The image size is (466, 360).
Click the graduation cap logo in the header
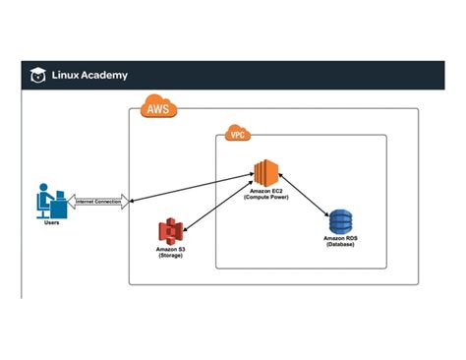pyautogui.click(x=36, y=75)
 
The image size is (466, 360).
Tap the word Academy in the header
pyautogui.click(x=105, y=75)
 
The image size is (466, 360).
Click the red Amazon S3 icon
pyautogui.click(x=171, y=233)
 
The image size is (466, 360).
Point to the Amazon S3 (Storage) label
pyautogui.click(x=171, y=254)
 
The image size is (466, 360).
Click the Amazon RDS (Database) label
pyautogui.click(x=340, y=241)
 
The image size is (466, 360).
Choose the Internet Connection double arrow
pyautogui.click(x=98, y=202)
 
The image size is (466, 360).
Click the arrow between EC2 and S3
pyautogui.click(x=217, y=204)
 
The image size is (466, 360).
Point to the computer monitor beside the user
pyautogui.click(x=60, y=197)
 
